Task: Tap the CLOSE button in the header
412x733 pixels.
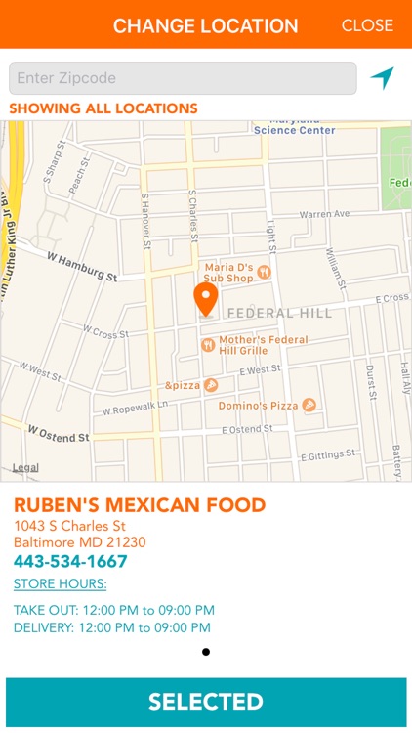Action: click(367, 25)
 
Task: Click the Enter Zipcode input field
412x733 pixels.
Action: click(183, 78)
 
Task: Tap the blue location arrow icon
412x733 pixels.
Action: click(382, 78)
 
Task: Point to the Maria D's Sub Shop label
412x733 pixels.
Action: click(228, 272)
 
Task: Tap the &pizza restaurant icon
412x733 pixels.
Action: click(210, 386)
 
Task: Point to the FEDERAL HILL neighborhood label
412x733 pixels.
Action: click(279, 313)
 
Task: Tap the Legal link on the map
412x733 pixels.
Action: click(25, 468)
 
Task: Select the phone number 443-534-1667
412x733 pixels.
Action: click(70, 562)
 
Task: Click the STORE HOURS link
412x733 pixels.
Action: click(60, 584)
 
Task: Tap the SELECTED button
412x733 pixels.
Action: click(206, 702)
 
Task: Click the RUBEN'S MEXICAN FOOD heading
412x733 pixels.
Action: click(140, 505)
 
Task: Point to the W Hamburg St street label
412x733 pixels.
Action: click(82, 265)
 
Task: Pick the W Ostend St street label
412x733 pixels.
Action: click(58, 432)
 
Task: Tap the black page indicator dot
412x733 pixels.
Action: click(206, 652)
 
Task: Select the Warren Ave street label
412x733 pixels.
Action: click(324, 213)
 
